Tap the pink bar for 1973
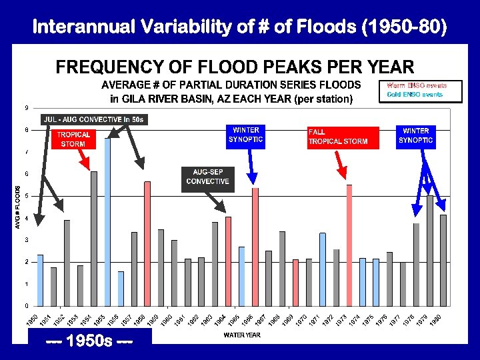(x=349, y=245)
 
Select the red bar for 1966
(x=255, y=247)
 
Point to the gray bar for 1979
(x=430, y=250)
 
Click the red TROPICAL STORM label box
(x=73, y=139)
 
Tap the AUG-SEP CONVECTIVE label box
(x=207, y=177)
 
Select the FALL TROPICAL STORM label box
(x=343, y=137)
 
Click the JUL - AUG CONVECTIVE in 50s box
(x=94, y=119)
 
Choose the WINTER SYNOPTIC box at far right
(x=416, y=135)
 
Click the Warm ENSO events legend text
(x=416, y=85)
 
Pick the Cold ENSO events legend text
(x=414, y=95)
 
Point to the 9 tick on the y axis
(x=26, y=108)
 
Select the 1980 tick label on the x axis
(x=436, y=321)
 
